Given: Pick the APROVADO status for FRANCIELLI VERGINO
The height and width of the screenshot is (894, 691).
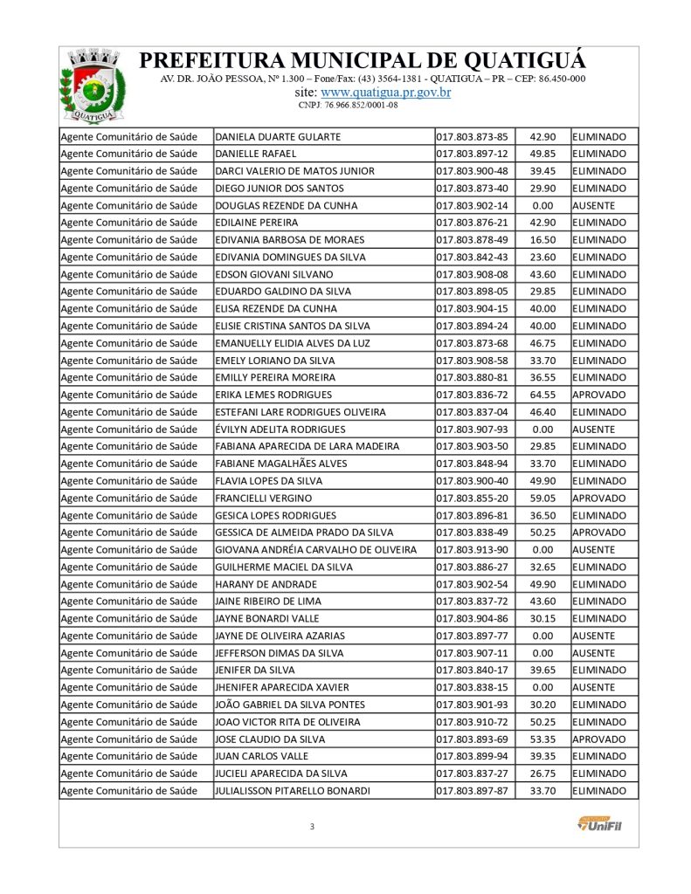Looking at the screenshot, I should pyautogui.click(x=598, y=498).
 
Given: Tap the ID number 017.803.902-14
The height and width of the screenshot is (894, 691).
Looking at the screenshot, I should pyautogui.click(x=472, y=205).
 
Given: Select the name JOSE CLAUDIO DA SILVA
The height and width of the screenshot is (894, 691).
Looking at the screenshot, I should pyautogui.click(x=269, y=739).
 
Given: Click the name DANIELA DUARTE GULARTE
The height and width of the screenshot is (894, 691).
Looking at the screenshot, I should pyautogui.click(x=277, y=137).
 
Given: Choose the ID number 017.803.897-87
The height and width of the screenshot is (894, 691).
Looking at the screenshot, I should pyautogui.click(x=472, y=791).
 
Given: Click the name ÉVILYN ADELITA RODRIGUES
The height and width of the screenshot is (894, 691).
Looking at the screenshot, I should pyautogui.click(x=280, y=430).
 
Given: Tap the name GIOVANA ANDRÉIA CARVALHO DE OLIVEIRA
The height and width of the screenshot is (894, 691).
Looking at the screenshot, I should pyautogui.click(x=315, y=550).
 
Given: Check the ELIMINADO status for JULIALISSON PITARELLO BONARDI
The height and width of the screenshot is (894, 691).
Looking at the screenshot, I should pyautogui.click(x=599, y=791).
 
